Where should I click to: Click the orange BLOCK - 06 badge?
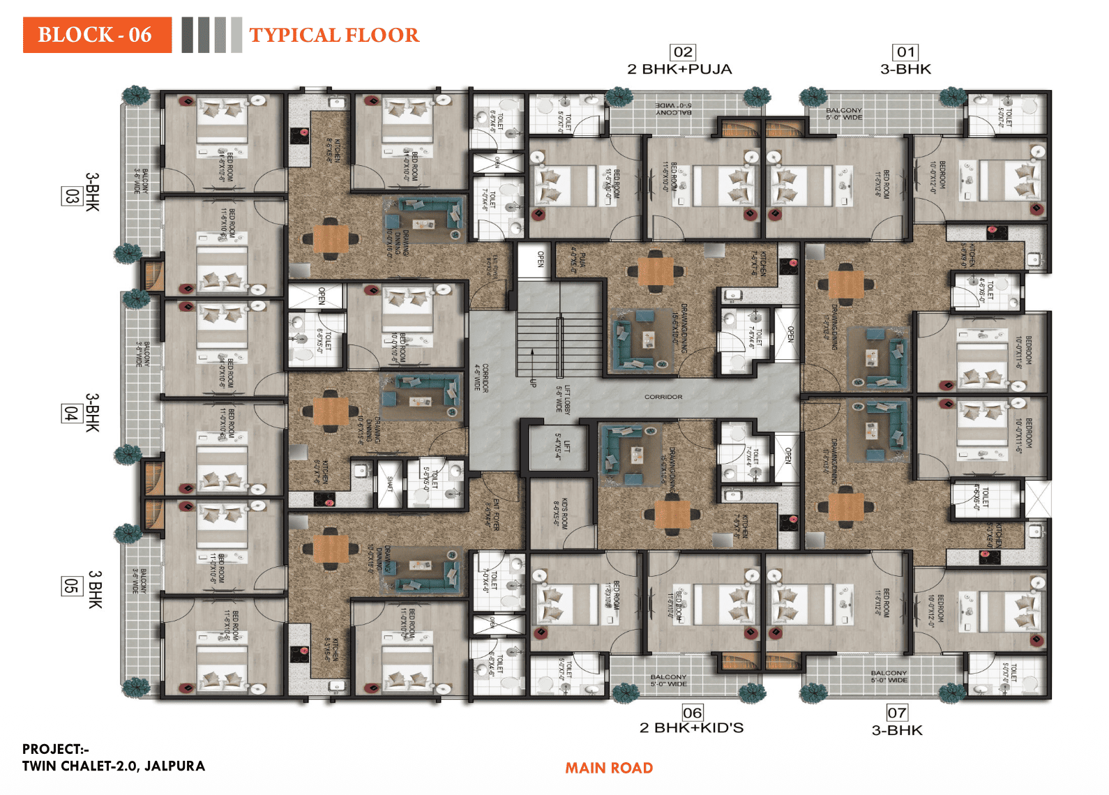click(97, 35)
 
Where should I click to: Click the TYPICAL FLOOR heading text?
click(334, 35)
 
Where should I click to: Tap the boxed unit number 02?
click(683, 52)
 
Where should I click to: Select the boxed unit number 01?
click(905, 52)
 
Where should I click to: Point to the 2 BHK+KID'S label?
click(691, 728)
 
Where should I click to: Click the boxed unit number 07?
click(897, 713)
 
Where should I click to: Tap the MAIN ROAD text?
click(608, 768)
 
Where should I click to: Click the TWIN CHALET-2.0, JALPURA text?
click(114, 766)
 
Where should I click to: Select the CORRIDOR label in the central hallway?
click(663, 397)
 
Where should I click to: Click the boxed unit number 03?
click(71, 195)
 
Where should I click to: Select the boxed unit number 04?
click(71, 413)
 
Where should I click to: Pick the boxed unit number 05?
click(71, 586)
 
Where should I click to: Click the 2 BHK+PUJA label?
click(679, 69)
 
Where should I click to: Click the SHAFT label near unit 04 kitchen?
click(390, 483)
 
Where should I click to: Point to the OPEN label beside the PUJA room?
click(541, 259)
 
